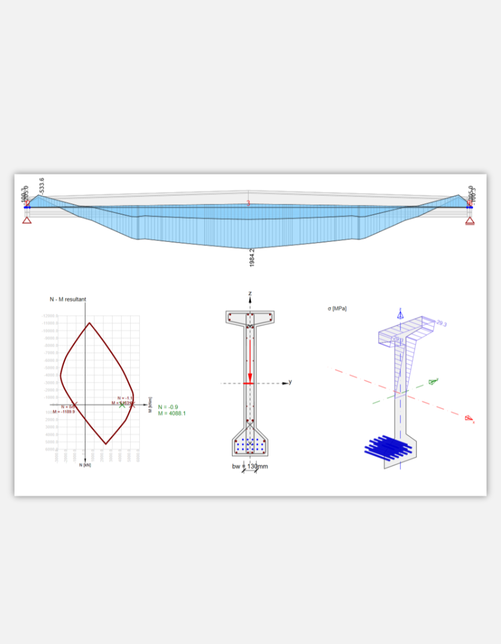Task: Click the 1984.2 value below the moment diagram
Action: pyautogui.click(x=252, y=257)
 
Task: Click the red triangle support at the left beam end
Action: pyautogui.click(x=27, y=220)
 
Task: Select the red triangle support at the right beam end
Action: pyautogui.click(x=470, y=220)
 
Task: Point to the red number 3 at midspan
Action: pyautogui.click(x=248, y=203)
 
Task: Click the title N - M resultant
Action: pyautogui.click(x=68, y=299)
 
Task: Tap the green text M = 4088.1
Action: pyautogui.click(x=172, y=413)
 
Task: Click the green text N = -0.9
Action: pyautogui.click(x=168, y=407)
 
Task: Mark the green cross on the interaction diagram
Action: pyautogui.click(x=122, y=405)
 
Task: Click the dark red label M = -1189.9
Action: pyautogui.click(x=64, y=412)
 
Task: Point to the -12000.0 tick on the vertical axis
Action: pyautogui.click(x=49, y=315)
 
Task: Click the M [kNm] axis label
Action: pyautogui.click(x=150, y=405)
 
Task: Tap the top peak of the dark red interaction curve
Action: pyautogui.click(x=89, y=323)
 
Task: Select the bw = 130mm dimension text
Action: pyautogui.click(x=250, y=466)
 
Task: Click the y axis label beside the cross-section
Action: pyautogui.click(x=290, y=382)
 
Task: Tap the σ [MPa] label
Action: pyautogui.click(x=337, y=308)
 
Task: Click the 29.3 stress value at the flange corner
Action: pyautogui.click(x=441, y=323)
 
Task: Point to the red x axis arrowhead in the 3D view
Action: pyautogui.click(x=469, y=419)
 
